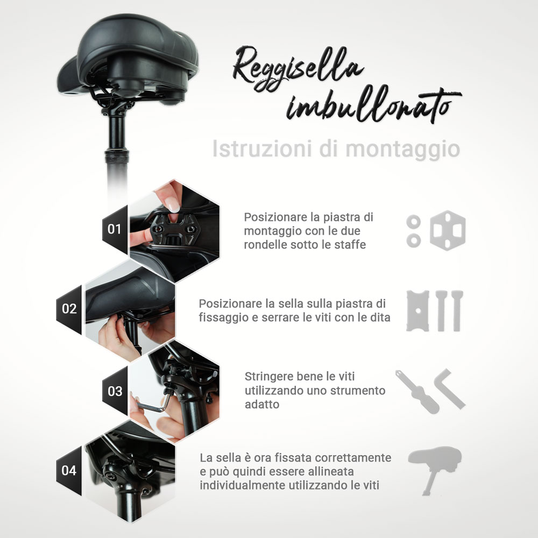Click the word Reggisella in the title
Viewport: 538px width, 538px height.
[298, 69]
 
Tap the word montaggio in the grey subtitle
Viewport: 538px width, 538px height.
[402, 149]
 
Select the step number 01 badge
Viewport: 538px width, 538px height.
[115, 229]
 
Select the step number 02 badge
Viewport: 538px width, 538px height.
[69, 309]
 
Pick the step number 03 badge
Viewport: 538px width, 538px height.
[115, 391]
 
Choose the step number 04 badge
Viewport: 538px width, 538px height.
[69, 470]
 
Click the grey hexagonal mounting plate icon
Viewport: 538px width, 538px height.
[448, 230]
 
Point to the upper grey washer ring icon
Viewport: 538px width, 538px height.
[413, 221]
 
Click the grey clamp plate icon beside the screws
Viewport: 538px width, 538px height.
[417, 311]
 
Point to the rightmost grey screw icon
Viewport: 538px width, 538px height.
[457, 311]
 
